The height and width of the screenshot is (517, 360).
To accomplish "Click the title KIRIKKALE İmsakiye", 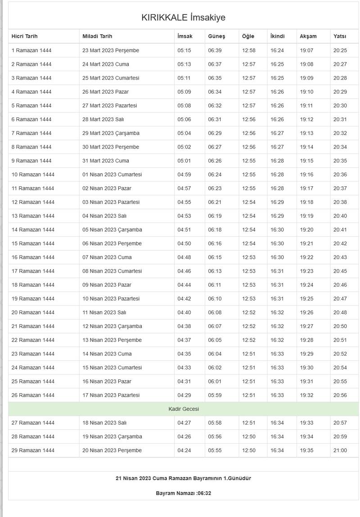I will tap(183, 18).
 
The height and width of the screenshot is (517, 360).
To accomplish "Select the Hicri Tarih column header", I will tap(25, 36).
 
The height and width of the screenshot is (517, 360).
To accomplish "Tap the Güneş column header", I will tap(216, 36).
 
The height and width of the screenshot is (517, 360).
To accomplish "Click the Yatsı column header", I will tap(340, 36).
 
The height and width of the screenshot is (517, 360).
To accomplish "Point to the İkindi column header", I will tap(278, 36).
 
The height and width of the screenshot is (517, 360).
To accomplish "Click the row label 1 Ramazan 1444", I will tap(31, 50).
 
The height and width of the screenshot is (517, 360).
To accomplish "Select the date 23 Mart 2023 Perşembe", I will tap(111, 50).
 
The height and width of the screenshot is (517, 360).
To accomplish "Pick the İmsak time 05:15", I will tap(184, 50).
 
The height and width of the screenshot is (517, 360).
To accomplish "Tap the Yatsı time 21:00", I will tap(340, 450).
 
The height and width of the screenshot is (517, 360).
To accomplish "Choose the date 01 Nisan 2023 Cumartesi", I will tap(112, 175).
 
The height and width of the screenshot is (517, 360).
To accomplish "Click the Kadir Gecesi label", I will tap(184, 409).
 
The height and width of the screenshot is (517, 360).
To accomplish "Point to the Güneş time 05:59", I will tap(215, 395).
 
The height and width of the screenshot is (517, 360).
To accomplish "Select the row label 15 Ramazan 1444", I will tap(33, 243).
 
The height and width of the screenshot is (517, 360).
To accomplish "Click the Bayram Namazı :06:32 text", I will tap(184, 493).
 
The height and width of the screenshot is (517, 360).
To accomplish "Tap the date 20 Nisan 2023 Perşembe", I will tap(112, 450).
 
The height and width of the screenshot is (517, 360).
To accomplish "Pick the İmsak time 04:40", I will tap(184, 312).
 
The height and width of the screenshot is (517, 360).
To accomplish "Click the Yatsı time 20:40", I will tap(340, 216).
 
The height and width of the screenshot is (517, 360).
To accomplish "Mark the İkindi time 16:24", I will tap(277, 50).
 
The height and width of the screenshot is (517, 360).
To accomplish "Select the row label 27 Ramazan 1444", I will tap(33, 423).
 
